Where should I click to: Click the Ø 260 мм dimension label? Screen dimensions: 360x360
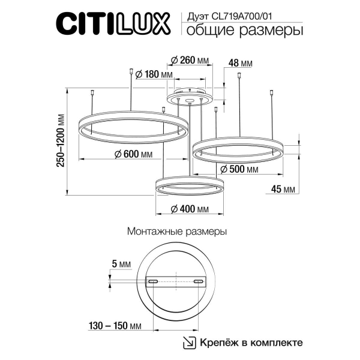[190, 61]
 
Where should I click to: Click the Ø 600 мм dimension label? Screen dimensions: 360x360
[134, 154]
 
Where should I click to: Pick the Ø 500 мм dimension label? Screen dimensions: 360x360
[239, 170]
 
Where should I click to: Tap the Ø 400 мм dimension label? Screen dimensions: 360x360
[190, 209]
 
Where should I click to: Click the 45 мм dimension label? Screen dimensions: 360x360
[283, 190]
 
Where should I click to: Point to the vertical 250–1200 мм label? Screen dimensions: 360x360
[60, 142]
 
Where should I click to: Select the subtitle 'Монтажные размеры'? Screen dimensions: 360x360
[178, 230]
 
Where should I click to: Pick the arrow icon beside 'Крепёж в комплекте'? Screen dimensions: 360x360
[190, 343]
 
